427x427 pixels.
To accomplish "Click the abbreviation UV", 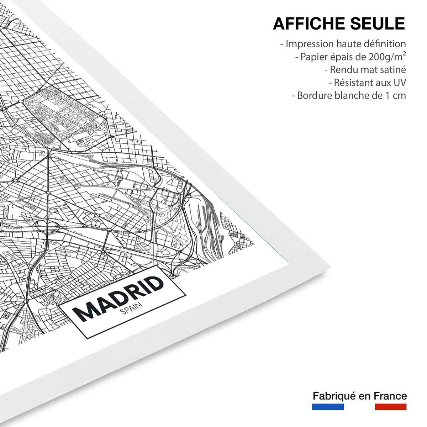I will (x=399, y=83).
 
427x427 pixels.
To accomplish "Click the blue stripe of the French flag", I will (x=328, y=407).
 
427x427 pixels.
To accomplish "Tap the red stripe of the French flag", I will (x=390, y=407).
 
